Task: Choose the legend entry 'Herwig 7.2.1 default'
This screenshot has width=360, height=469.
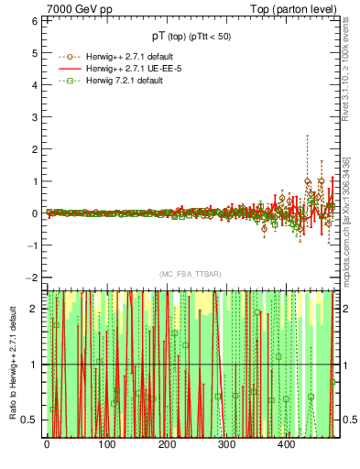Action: click(118, 82)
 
